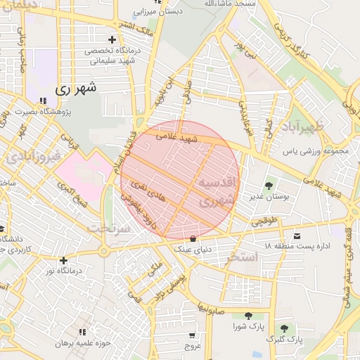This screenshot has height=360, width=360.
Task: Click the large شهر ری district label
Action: click(74, 89)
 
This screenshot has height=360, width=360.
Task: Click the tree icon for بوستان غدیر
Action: click(269, 186)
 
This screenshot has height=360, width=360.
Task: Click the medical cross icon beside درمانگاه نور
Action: click(64, 259)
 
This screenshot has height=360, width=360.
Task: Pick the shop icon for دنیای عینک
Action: click(193, 238)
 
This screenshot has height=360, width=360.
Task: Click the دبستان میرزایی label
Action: click(163, 12)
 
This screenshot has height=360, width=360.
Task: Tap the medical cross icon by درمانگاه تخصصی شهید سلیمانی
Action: click(111, 39)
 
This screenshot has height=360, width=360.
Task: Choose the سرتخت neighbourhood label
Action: click(109, 229)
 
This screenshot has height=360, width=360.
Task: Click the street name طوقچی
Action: click(266, 221)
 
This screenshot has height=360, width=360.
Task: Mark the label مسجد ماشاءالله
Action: click(212, 4)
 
